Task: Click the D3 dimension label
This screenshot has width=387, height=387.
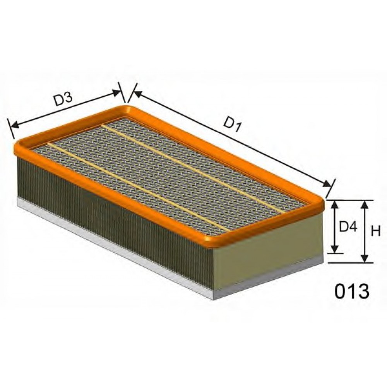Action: (63, 99)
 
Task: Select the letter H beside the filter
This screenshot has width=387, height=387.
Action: (376, 231)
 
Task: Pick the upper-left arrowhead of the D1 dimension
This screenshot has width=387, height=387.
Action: (137, 94)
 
